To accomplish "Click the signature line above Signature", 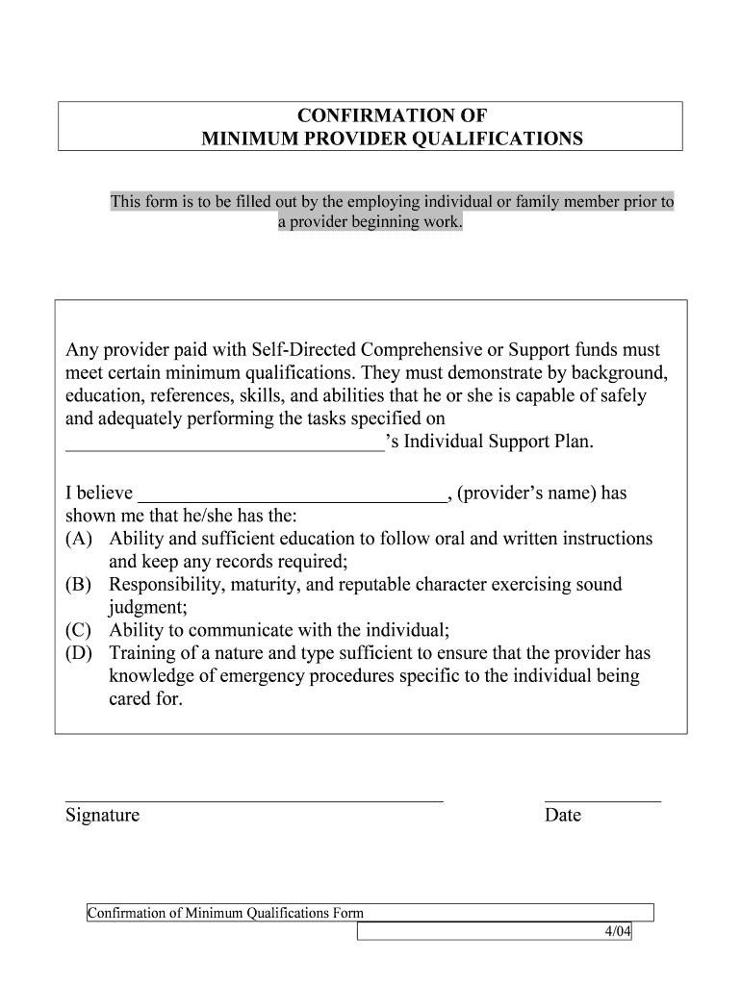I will pos(254,799).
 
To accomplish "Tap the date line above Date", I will pos(602,799).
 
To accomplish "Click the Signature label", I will pos(102,816).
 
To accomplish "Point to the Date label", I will pos(563,816).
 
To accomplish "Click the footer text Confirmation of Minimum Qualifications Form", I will pos(225,913).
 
